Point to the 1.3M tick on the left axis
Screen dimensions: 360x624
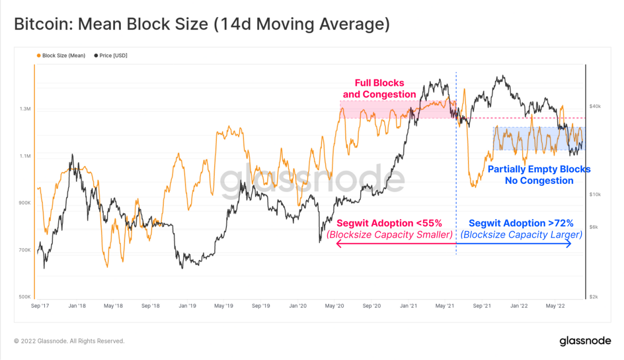(25, 109)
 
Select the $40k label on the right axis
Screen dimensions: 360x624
(595, 106)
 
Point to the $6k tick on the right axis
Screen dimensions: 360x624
(594, 227)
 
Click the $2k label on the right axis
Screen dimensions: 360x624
(594, 297)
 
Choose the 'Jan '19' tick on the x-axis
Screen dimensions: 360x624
(187, 306)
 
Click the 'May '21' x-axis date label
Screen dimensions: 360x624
(444, 306)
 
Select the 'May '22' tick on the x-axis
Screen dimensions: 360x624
(555, 306)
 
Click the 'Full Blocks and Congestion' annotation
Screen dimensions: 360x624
(379, 89)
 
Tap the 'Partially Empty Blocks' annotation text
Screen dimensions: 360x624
(539, 170)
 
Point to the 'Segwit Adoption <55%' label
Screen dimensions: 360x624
(389, 223)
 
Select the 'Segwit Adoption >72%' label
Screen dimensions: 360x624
(521, 223)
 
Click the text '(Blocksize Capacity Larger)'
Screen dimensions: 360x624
(521, 235)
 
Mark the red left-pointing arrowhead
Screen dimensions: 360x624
(339, 244)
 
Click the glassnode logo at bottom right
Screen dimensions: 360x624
(585, 340)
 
